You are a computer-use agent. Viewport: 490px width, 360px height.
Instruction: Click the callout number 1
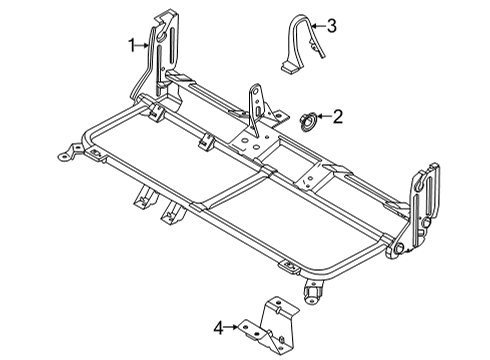point(130,43)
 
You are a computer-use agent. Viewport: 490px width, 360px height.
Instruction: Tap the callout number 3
point(333,25)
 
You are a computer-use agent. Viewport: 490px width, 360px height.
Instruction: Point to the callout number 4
point(218,325)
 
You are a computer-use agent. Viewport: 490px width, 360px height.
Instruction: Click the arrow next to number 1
point(144,43)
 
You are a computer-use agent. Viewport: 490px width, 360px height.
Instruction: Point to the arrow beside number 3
point(317,25)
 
